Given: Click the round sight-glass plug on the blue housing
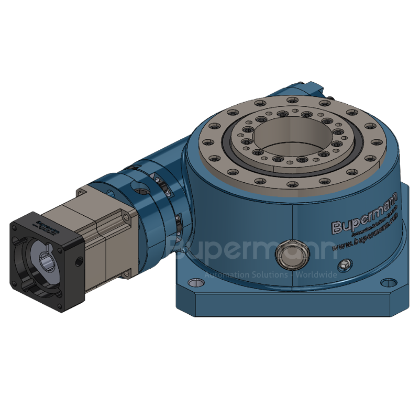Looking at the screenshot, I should click(x=289, y=252).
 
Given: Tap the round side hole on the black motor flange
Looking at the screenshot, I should click(x=78, y=259).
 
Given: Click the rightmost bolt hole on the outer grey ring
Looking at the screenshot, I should click(x=378, y=141).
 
